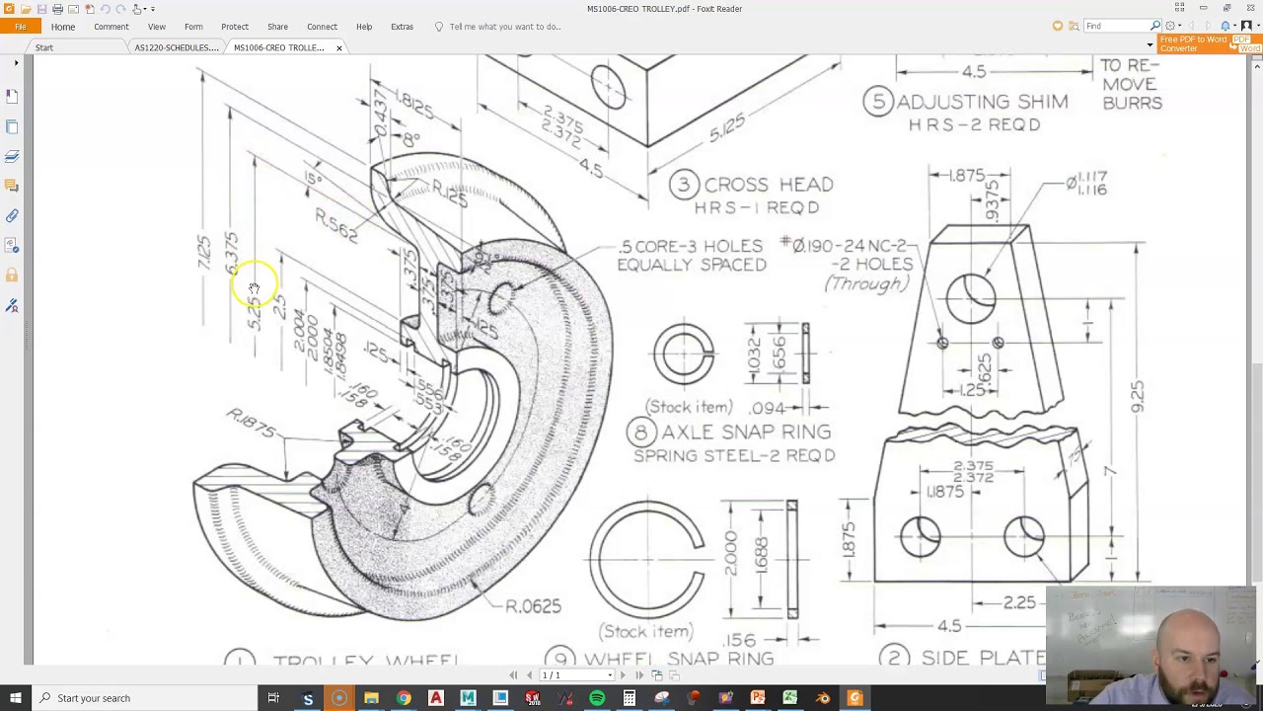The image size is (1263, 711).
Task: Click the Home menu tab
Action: (62, 27)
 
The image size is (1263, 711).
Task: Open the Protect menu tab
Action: (235, 27)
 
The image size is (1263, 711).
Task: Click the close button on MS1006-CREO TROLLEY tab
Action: (338, 47)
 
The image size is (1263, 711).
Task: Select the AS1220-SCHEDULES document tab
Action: (176, 47)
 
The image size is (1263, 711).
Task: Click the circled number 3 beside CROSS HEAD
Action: (684, 185)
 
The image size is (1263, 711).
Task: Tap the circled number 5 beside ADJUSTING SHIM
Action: (877, 102)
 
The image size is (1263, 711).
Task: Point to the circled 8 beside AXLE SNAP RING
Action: (641, 433)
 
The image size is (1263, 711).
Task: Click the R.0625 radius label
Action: (533, 606)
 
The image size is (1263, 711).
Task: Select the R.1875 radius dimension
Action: (251, 423)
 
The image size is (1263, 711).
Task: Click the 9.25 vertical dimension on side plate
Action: (1137, 396)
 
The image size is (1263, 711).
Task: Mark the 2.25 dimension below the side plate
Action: (1018, 602)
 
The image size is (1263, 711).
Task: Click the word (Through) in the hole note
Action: (865, 284)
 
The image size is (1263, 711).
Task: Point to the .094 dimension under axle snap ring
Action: (767, 407)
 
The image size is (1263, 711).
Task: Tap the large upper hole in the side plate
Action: (971, 297)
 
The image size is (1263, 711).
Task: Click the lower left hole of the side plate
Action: (920, 537)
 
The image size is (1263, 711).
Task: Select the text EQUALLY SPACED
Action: (691, 265)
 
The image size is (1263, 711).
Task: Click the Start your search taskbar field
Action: (93, 698)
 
